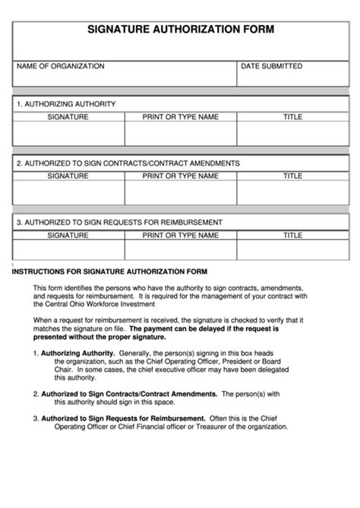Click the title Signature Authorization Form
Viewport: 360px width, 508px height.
click(180, 31)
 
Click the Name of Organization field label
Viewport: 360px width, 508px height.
click(61, 67)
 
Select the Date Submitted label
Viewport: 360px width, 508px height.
click(271, 67)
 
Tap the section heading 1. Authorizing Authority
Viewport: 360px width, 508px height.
click(66, 103)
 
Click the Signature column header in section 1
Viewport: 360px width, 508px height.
click(68, 117)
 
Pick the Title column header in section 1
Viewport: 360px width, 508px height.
click(292, 117)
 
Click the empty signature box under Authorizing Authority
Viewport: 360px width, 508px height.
click(68, 134)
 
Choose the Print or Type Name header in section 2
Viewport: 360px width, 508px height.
click(181, 176)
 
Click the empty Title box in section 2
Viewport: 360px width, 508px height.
click(292, 193)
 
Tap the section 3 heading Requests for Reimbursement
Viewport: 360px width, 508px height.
click(119, 222)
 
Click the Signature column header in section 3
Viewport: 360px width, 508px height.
click(68, 235)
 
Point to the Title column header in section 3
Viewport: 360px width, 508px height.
click(292, 235)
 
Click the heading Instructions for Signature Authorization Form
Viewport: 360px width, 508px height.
click(110, 271)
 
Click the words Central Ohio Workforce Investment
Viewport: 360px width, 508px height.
click(94, 304)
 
